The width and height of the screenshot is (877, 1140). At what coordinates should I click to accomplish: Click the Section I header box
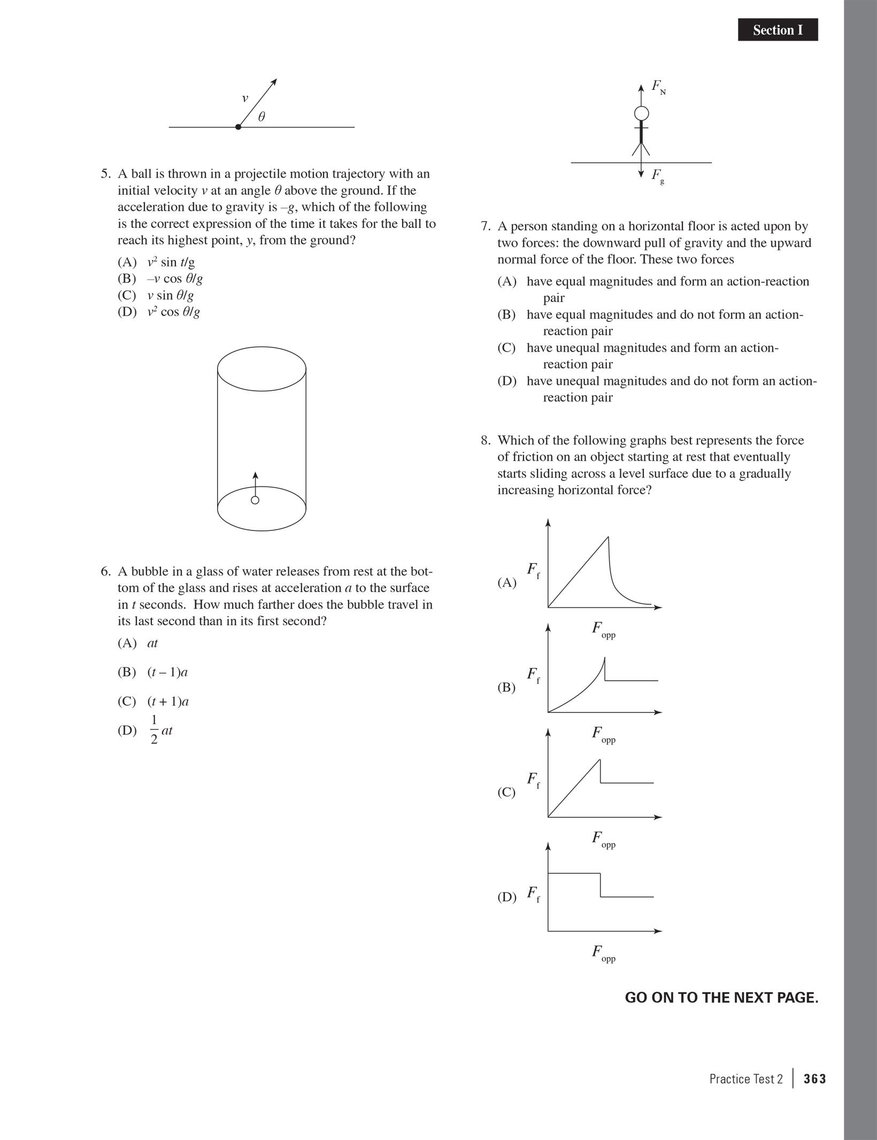(x=778, y=30)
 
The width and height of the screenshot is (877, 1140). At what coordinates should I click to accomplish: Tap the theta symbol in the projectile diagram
(x=261, y=117)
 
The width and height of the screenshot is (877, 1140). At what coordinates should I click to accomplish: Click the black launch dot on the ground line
(x=238, y=127)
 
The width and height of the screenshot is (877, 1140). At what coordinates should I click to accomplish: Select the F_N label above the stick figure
(x=658, y=87)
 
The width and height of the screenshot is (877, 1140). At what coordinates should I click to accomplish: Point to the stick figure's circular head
(x=641, y=113)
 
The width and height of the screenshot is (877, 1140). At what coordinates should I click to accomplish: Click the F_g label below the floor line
(x=658, y=176)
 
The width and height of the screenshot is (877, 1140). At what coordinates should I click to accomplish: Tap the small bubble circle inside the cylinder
(x=255, y=500)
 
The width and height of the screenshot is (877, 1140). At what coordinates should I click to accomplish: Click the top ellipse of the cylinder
(x=261, y=369)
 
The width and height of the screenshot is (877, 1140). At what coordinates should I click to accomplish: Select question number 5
(x=105, y=174)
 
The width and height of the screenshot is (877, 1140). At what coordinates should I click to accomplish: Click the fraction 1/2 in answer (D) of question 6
(x=154, y=731)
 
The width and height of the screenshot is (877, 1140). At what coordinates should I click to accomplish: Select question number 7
(x=485, y=226)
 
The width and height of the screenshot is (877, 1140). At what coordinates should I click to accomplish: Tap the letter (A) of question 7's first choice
(x=506, y=282)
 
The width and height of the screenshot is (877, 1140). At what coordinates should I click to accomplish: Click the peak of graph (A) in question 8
(x=608, y=537)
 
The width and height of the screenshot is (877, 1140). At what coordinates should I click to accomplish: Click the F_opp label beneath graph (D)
(x=603, y=953)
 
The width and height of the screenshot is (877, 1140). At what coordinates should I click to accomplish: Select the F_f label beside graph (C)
(x=533, y=779)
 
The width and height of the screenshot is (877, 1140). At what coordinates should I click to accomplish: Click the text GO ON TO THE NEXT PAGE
(x=721, y=998)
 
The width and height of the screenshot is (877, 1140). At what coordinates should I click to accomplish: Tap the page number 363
(x=814, y=1080)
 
